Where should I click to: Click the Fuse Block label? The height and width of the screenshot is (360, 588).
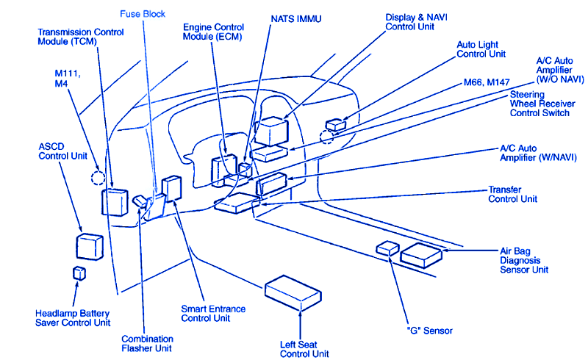coord(143,13)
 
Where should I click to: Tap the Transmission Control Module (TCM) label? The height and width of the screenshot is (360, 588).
coord(80,37)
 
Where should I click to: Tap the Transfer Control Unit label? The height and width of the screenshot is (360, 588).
coord(512,194)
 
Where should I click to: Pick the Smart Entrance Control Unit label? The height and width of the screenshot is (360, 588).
coord(213,314)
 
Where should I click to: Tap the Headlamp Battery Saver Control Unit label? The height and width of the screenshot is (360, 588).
coord(72,317)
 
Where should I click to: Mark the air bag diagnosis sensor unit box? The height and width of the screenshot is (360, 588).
coord(421,253)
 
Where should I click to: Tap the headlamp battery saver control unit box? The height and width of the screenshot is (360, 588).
coord(79,273)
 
